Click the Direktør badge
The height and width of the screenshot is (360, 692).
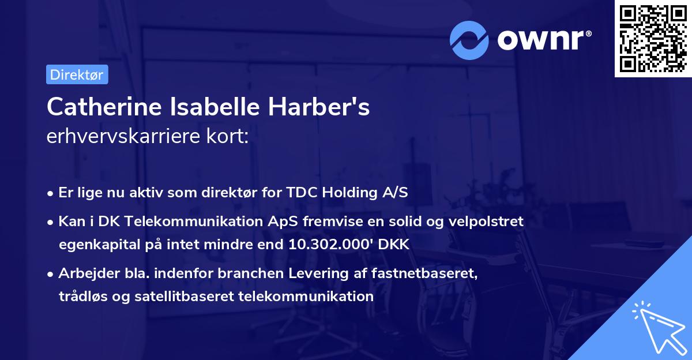pos(77,74)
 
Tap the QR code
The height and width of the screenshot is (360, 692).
pos(653,39)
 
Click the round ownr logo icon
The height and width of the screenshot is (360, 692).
pos(469,40)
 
